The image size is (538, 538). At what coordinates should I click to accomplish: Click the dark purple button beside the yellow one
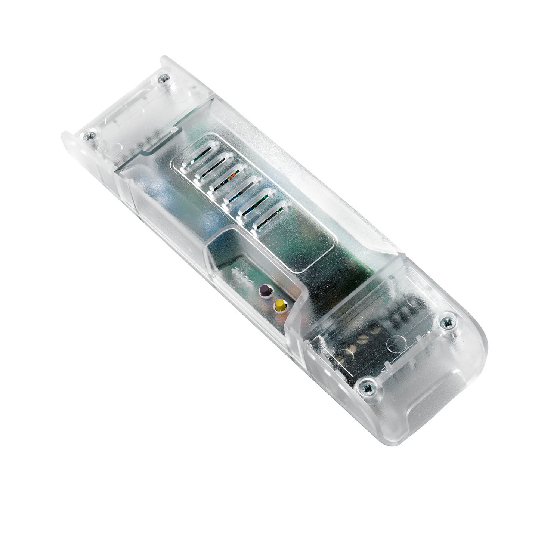[265, 290]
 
